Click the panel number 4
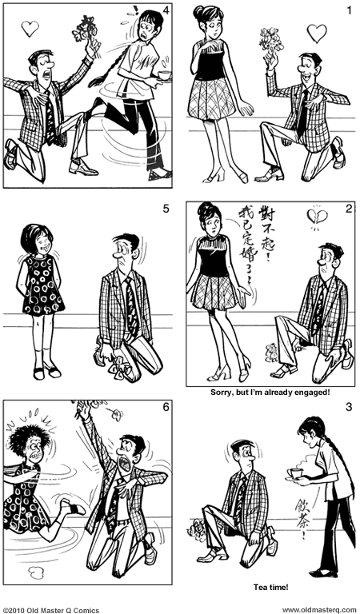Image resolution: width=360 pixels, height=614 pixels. coord(164,10)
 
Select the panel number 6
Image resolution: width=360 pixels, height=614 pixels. coord(166,407)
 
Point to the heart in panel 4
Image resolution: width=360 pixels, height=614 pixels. coord(30,29)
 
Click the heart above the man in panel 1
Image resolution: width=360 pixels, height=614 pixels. coord(317,33)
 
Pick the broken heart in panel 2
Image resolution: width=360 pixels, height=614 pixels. coord(314,216)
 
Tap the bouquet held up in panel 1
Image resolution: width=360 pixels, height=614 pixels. coord(272,41)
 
